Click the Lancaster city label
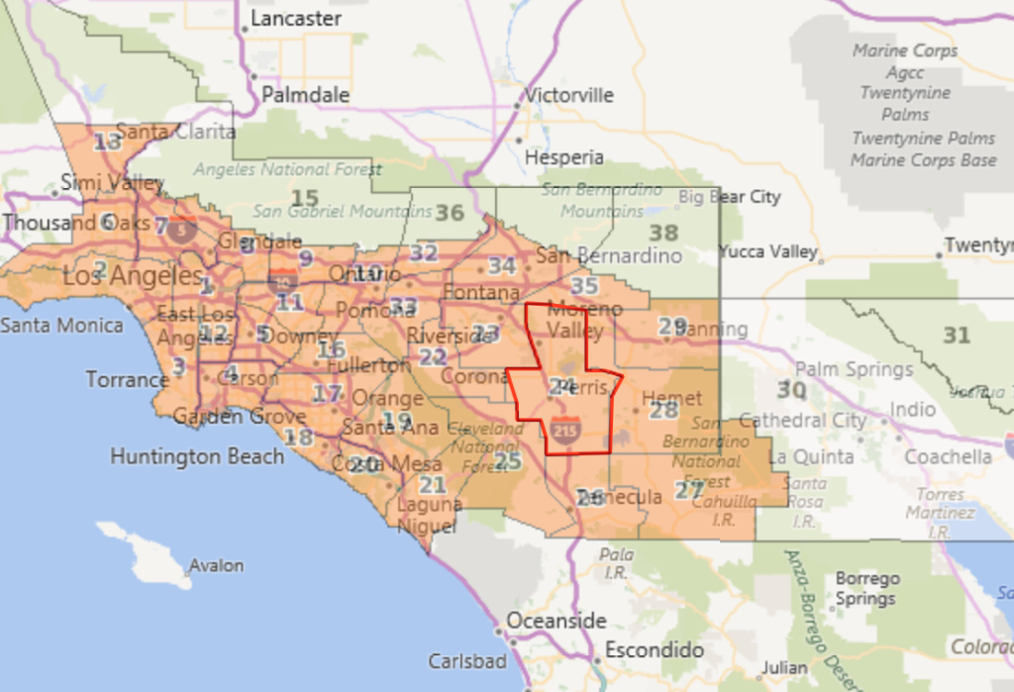[295, 19]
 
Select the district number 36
[450, 213]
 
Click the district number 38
[662, 234]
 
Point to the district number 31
[956, 337]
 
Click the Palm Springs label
[855, 369]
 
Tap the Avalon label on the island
[216, 566]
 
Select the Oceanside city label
[556, 621]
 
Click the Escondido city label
[655, 650]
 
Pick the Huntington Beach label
[197, 456]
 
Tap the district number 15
[305, 198]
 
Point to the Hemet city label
[671, 398]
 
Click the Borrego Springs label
[865, 589]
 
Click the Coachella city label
[948, 456]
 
